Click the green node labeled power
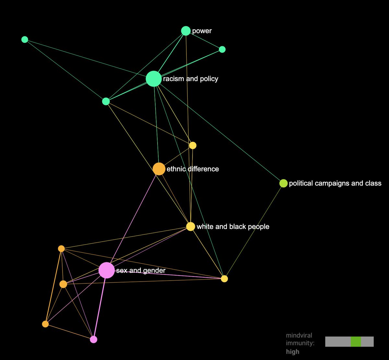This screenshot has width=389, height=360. [186, 31]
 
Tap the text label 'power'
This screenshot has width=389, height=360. [202, 31]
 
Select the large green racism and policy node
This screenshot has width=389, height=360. [153, 79]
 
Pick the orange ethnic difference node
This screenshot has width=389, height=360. [159, 169]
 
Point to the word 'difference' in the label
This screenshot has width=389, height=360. [203, 169]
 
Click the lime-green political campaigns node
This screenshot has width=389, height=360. [283, 183]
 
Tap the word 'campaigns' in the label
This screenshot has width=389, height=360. [331, 183]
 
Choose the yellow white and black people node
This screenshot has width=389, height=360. [191, 226]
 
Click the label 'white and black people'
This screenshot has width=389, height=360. [233, 226]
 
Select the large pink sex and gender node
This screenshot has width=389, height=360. [106, 270]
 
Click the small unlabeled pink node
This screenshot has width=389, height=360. [93, 339]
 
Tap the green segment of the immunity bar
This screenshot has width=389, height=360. [356, 342]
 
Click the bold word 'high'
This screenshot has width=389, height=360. [292, 352]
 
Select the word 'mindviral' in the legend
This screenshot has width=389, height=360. [299, 335]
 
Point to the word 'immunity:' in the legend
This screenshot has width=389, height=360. [300, 343]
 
